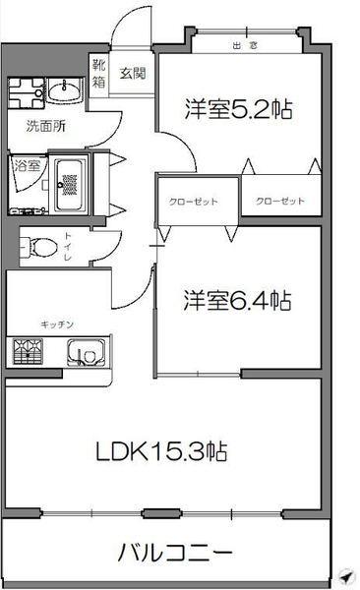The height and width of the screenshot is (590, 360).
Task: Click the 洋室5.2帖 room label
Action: click(x=239, y=109)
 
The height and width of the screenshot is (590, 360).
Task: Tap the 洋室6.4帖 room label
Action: click(x=237, y=299)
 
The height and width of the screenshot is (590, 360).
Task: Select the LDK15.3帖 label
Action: click(x=162, y=451)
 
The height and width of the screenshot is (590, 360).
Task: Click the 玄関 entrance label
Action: click(x=133, y=72)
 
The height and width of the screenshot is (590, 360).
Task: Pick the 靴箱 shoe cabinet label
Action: click(x=99, y=75)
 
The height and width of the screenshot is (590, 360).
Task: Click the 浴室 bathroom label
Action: click(x=27, y=166)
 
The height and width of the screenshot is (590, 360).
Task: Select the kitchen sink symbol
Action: click(x=87, y=352)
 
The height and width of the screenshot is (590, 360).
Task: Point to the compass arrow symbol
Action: click(x=344, y=576)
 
